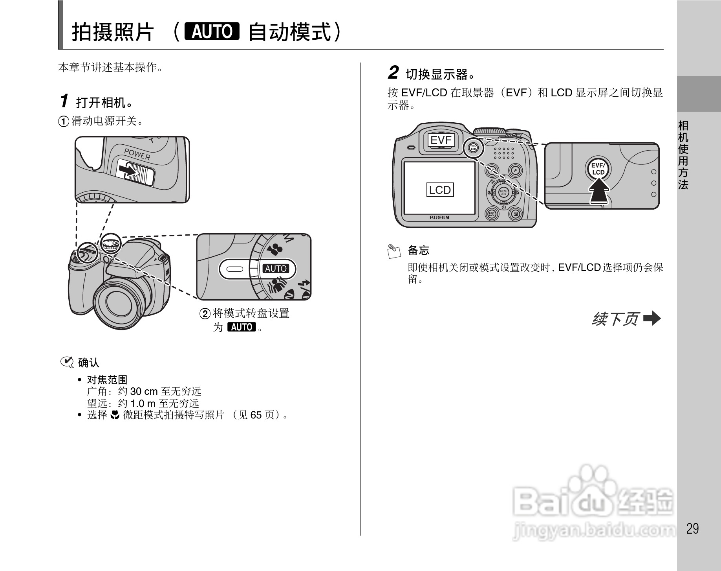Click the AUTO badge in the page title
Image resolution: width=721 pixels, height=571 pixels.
[x=212, y=31]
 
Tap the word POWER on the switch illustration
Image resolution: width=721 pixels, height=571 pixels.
[x=137, y=154]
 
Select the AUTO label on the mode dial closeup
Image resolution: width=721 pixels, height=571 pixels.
[x=276, y=269]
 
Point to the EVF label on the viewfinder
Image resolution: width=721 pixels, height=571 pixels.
[x=441, y=140]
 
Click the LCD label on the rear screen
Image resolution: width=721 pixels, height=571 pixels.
[x=440, y=190]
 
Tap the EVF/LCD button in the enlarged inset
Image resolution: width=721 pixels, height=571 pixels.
[x=598, y=169]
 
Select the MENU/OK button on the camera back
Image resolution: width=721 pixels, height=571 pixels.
[x=503, y=192]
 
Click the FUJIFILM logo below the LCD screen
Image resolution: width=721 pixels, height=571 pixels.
[x=439, y=217]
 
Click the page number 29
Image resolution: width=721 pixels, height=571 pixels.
[x=692, y=529]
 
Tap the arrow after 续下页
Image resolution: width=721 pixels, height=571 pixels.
[x=652, y=319]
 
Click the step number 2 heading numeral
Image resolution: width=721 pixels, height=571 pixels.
[x=393, y=73]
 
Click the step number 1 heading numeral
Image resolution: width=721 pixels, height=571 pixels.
[x=64, y=101]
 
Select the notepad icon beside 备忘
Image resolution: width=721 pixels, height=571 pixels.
[x=393, y=251]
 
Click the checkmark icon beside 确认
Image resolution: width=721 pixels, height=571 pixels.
[x=67, y=363]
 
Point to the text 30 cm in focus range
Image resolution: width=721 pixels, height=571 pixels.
[x=144, y=392]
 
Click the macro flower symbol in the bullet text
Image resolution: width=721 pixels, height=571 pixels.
[x=115, y=414]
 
